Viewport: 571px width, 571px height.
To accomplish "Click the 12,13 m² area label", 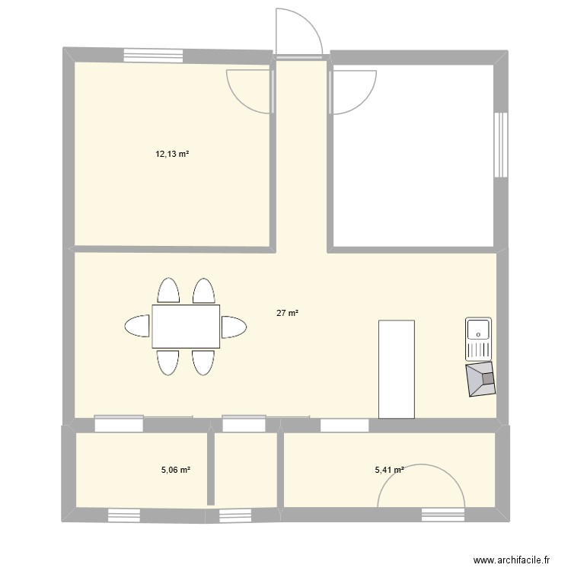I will tap(172, 154).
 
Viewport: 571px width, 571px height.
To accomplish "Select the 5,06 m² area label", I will tap(175, 470).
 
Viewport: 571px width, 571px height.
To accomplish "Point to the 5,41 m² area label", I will tap(389, 470).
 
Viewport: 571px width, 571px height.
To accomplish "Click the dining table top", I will tap(186, 326).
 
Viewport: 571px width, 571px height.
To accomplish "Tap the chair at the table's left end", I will tap(138, 326).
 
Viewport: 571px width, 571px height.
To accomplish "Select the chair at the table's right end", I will tap(233, 327).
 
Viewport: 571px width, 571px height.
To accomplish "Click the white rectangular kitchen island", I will tap(396, 369).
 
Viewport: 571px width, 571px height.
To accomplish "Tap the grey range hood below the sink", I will tap(482, 378).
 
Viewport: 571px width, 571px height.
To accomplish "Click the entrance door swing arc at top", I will tap(298, 30).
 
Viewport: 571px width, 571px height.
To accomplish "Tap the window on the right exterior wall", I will tap(500, 145).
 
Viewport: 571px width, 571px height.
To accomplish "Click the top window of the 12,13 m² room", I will tap(155, 55).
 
